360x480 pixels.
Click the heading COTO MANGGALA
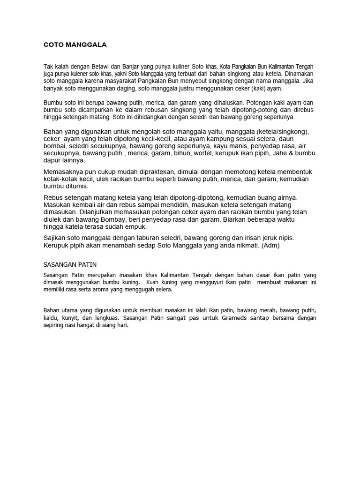[x=75, y=45]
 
